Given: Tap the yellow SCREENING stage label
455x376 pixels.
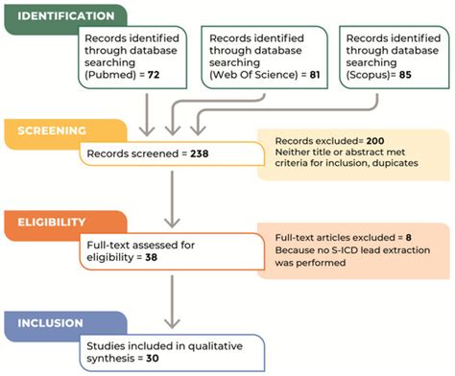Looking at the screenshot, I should (47, 132).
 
